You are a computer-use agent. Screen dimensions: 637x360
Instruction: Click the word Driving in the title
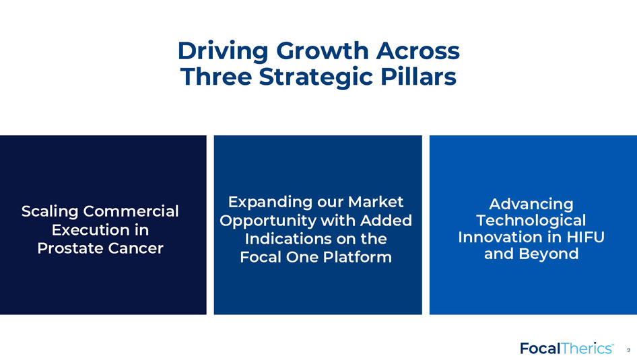point(223,52)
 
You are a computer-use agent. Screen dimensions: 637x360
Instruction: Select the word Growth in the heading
point(322,50)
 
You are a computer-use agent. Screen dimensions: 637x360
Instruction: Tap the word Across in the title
point(418,50)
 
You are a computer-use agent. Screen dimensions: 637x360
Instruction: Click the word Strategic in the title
point(316,77)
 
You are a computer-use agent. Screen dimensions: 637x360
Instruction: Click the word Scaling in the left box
point(50,211)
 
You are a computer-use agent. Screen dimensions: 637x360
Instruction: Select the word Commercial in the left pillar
point(131,211)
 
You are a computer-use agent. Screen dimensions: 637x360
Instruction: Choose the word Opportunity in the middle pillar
point(268,221)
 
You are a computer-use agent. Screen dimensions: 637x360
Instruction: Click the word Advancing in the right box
point(531,204)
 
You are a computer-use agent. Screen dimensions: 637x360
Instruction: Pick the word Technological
point(531,221)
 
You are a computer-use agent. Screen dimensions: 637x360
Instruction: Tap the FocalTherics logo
point(567,349)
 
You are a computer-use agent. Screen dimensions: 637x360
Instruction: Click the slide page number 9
point(628,350)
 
